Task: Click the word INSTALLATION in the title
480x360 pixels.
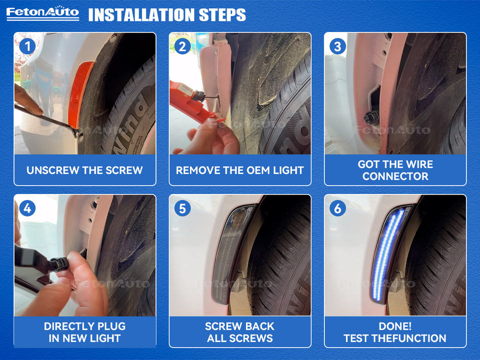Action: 141,14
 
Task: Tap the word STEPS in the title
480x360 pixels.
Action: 222,14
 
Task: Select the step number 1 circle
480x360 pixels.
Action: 27,46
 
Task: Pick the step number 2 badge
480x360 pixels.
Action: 182,46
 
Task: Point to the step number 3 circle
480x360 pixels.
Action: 337,46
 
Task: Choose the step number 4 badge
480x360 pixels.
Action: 27,208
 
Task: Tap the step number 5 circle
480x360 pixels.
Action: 182,208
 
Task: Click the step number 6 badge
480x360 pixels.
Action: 337,208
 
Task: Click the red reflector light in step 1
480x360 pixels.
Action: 80,93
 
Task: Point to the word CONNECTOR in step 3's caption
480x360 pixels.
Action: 395,176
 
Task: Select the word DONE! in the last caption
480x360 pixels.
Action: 395,326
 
